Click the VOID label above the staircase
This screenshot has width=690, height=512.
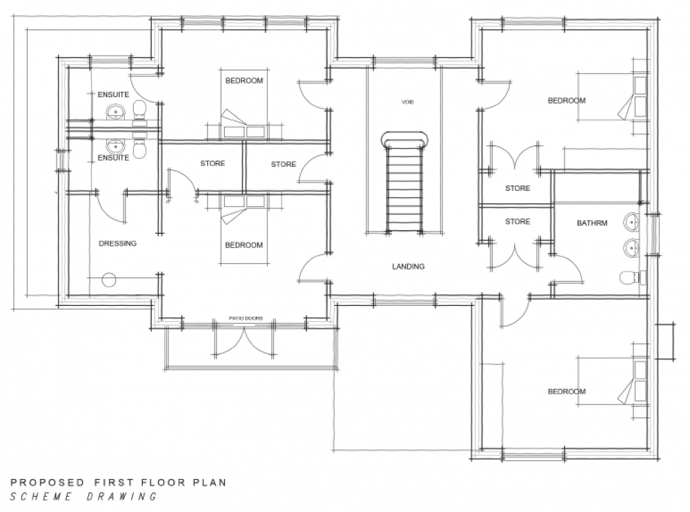point(408,102)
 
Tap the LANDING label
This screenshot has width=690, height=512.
point(408,266)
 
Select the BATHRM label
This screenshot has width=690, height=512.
point(592,223)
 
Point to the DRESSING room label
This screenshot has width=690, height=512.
point(117,243)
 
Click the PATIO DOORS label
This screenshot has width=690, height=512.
point(246,318)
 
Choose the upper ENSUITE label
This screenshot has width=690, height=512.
point(113,94)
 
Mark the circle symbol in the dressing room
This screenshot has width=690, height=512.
point(109,280)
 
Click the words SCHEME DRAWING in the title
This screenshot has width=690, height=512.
point(83,497)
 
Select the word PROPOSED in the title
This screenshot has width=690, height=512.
point(47,482)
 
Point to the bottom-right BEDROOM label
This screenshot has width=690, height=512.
point(566,391)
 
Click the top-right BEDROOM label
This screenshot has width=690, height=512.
point(566,101)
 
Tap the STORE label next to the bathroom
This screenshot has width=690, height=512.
point(517,221)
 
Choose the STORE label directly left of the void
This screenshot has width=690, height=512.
point(284,165)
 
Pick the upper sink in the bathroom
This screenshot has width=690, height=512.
point(632,223)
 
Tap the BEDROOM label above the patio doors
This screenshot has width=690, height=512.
point(244,245)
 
